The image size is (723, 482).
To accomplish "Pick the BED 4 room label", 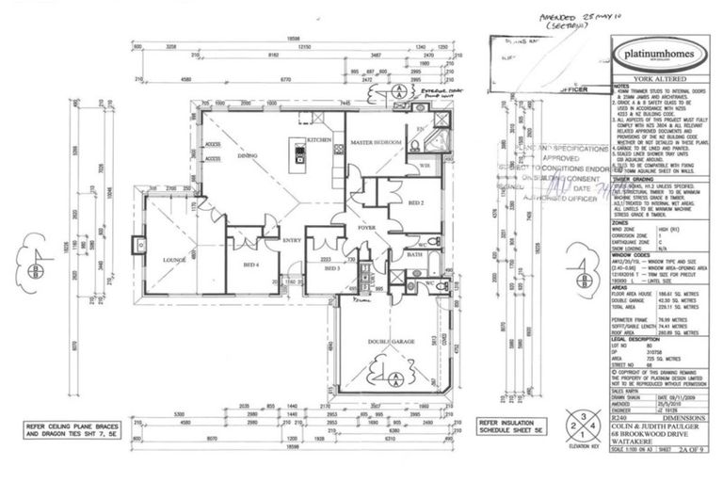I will (251, 265).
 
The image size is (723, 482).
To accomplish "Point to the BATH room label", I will (413, 253).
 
